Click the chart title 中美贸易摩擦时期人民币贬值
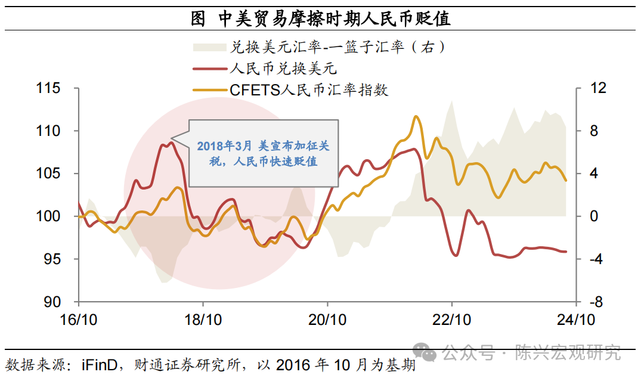click(320, 18)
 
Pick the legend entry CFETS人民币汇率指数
click(309, 90)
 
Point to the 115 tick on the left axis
click(48, 88)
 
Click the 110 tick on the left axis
click(48, 131)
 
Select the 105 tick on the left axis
click(48, 173)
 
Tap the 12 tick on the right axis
click(597, 88)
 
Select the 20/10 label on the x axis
click(327, 320)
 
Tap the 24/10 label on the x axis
click(576, 320)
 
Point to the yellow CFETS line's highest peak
click(416, 117)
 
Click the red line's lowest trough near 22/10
click(456, 255)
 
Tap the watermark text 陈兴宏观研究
click(567, 353)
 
